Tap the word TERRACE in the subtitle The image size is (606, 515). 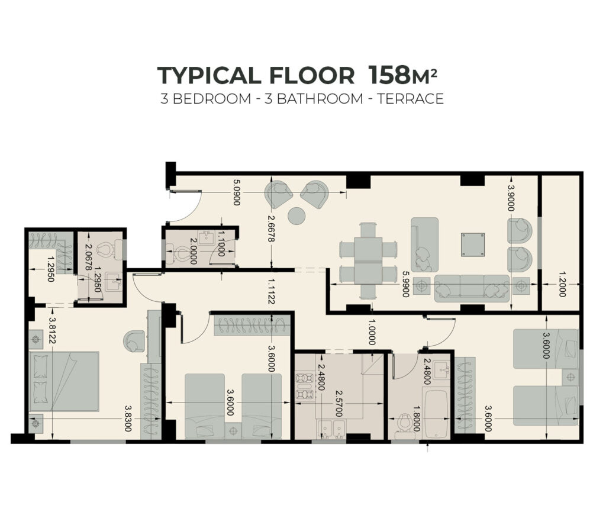point(411,99)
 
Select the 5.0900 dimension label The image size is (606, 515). point(237,192)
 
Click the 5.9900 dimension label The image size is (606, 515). point(405,284)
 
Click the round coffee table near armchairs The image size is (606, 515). point(297,215)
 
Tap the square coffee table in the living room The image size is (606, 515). point(473,244)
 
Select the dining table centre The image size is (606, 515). point(368,261)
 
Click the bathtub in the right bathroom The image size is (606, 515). point(436,414)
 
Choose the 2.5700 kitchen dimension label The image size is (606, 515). point(339,403)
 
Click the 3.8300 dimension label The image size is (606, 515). point(128,419)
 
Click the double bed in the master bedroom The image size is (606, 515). point(64,381)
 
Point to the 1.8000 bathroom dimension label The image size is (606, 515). point(416,419)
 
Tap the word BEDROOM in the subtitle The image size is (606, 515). point(211,99)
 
